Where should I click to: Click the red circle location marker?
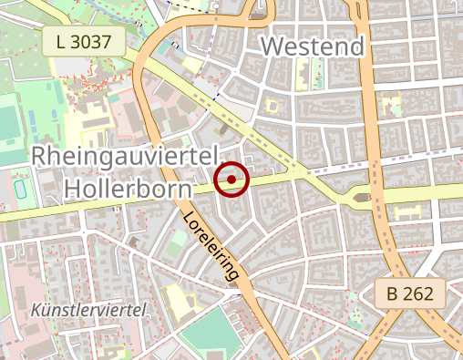point(232,180)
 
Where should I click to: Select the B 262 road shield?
point(409,294)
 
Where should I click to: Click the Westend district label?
point(313,46)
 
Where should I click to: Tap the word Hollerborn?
point(129,189)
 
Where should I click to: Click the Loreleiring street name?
point(215,247)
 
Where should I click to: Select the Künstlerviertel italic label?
point(89,310)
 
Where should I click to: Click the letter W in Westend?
point(272,46)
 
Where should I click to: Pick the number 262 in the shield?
point(418,294)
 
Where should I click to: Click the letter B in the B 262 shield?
point(392,294)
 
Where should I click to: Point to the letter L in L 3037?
point(60,40)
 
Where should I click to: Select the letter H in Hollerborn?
point(74,189)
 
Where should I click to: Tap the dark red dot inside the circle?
point(232,180)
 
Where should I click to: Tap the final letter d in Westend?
point(355,46)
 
